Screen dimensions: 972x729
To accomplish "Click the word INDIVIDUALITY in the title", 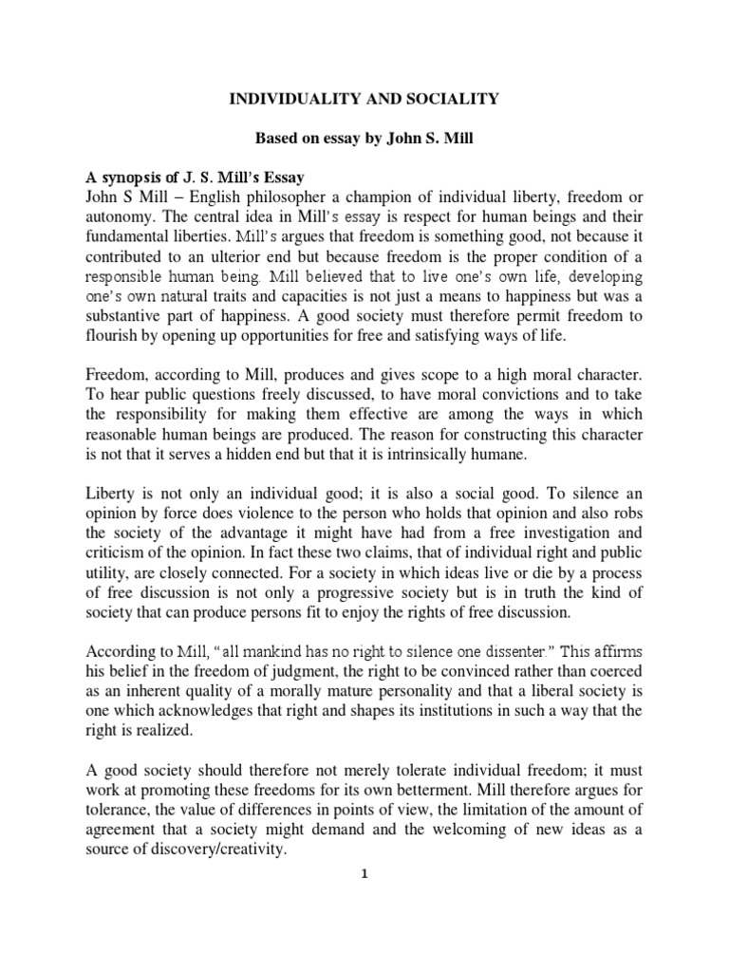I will coord(277,98).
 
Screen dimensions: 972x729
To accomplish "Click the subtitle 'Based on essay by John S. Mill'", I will coord(364,138).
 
